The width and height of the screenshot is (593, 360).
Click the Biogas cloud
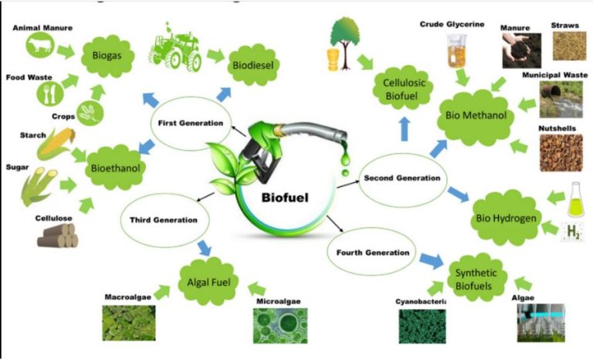coord(108,56)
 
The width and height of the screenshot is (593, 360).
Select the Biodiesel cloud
coord(253,65)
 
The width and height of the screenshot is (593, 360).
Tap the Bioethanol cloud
coord(116,168)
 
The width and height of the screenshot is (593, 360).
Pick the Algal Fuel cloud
coord(208,282)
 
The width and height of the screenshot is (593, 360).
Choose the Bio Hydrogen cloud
coord(506,218)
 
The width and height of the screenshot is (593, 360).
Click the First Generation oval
coord(191,124)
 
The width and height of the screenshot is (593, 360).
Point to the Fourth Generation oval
coord(372,253)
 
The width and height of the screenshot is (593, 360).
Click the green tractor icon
coord(175,48)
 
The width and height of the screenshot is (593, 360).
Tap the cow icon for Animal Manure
coord(39,45)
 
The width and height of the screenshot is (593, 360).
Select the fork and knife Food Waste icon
coord(50,93)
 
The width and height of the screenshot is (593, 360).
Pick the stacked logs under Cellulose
coord(58,236)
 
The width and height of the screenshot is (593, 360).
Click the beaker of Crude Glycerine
coord(457,51)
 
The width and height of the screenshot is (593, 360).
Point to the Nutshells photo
coord(561,152)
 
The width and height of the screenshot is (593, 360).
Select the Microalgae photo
coord(280,325)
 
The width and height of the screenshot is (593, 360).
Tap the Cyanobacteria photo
coord(422,326)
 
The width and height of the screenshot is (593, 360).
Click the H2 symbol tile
coord(573,232)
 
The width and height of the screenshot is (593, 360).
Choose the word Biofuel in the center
coord(285,198)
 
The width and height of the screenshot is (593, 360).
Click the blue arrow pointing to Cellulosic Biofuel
coord(405,129)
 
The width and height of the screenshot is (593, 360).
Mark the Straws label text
coord(564,25)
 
